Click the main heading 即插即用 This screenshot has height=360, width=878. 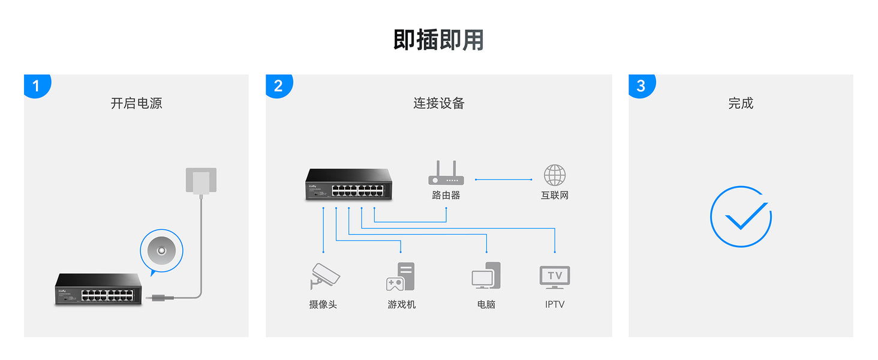(438, 40)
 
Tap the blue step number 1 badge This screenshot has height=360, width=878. (36, 86)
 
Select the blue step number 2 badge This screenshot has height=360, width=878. (278, 86)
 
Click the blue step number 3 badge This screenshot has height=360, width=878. (641, 86)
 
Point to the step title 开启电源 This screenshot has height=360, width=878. (136, 103)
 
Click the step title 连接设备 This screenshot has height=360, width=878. (438, 103)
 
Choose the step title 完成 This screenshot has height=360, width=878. (741, 103)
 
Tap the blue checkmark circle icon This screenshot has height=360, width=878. (741, 217)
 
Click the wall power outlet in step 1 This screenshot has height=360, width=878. (201, 181)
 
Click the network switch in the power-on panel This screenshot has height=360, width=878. (99, 289)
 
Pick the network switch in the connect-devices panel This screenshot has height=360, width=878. (348, 184)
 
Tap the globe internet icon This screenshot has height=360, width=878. (555, 175)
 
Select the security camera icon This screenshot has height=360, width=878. (324, 277)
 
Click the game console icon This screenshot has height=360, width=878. (401, 277)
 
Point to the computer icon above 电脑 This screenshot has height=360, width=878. (486, 276)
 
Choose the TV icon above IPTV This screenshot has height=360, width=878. (555, 277)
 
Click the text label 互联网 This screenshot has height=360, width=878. (555, 195)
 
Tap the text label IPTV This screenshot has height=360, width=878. (555, 304)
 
